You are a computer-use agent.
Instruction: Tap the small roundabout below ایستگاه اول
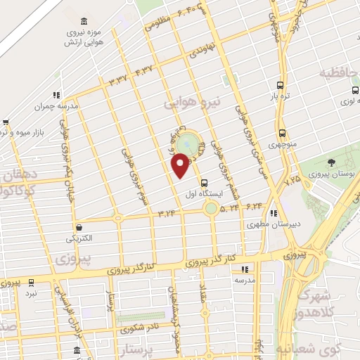pyautogui.click(x=210, y=208)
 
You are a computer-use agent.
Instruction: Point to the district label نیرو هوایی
pyautogui.click(x=193, y=102)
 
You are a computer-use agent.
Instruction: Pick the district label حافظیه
pyautogui.click(x=340, y=72)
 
